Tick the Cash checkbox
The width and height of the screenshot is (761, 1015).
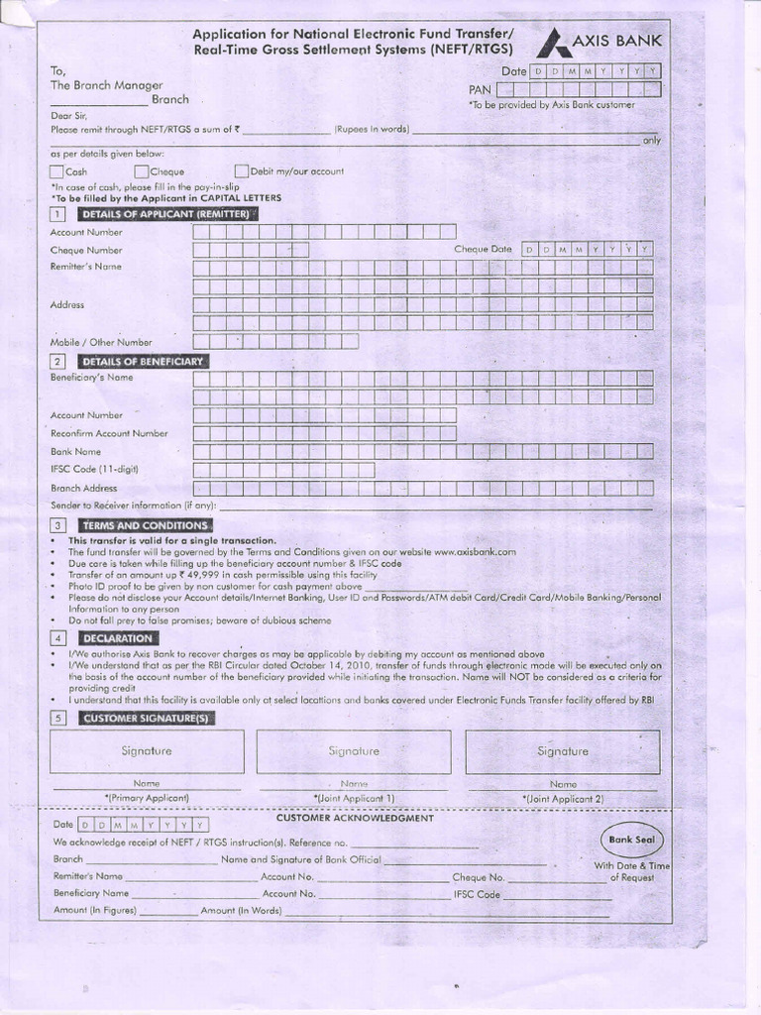(x=57, y=170)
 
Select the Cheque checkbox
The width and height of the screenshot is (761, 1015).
(x=142, y=170)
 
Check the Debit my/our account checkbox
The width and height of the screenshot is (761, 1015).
(x=241, y=170)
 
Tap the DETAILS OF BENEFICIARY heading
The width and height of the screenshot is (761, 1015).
(x=143, y=361)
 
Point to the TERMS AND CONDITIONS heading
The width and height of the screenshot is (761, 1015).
(x=145, y=524)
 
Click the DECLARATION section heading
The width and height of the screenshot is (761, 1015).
(x=117, y=638)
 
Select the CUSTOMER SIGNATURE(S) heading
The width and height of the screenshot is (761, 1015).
(x=146, y=718)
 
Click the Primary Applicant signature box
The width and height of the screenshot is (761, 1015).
(x=147, y=751)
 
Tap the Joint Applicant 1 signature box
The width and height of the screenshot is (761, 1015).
(x=354, y=751)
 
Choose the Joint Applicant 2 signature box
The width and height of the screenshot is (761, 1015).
(x=562, y=751)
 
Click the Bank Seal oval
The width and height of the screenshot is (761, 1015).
(x=632, y=839)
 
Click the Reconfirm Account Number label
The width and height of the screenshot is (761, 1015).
(x=109, y=433)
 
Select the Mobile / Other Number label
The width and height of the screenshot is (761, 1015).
(x=101, y=342)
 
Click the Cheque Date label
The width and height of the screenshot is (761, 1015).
(x=483, y=250)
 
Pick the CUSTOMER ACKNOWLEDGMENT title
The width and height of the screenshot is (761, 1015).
(x=354, y=818)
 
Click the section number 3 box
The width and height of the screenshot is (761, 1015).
(x=58, y=524)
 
